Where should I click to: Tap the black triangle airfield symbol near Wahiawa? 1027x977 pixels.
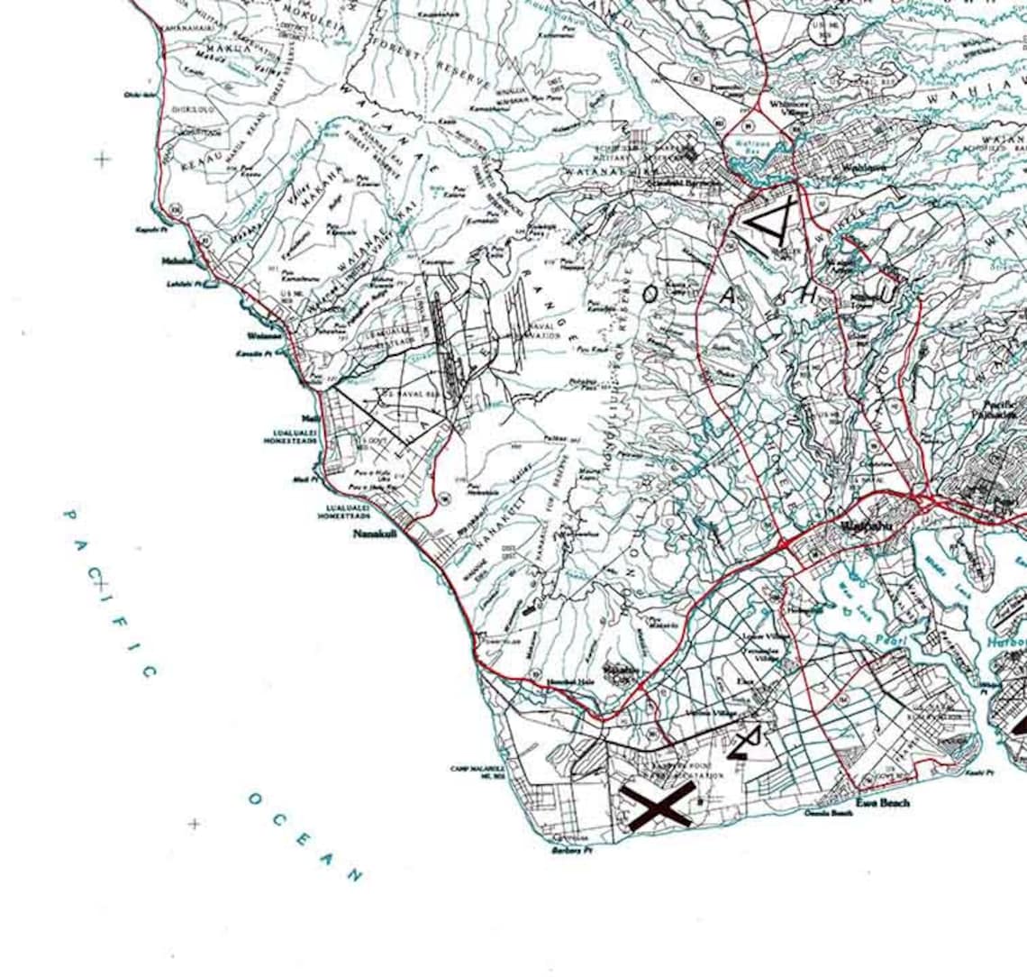(x=767, y=222)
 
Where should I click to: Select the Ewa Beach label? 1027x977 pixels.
(x=882, y=802)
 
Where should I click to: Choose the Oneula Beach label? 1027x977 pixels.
(x=829, y=813)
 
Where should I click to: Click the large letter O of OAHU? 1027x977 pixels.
(x=651, y=292)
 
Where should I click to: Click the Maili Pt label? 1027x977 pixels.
(x=303, y=479)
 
